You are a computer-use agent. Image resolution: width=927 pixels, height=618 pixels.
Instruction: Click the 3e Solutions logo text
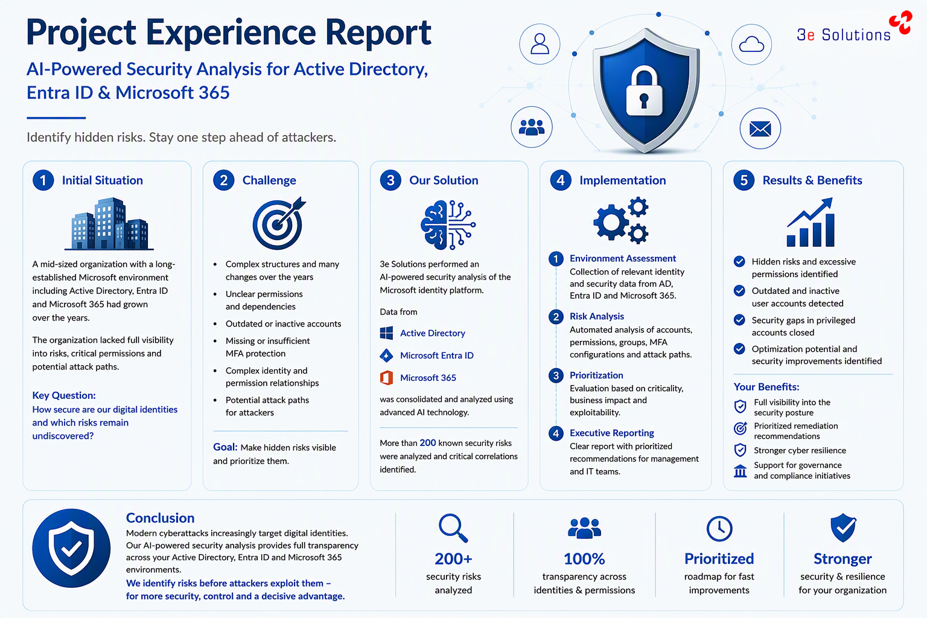[x=843, y=35]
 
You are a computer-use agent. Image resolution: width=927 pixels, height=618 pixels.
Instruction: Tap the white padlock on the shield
[x=644, y=92]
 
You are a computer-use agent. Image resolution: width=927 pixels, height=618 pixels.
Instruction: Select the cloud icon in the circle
[x=751, y=44]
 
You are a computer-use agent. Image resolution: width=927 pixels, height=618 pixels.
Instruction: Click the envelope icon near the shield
[x=760, y=129]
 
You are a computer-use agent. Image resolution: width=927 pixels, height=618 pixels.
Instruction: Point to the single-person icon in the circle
[x=540, y=44]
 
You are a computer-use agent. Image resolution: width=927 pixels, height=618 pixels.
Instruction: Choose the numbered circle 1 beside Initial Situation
[x=43, y=180]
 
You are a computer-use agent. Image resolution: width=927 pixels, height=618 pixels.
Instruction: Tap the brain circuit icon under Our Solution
[x=448, y=225]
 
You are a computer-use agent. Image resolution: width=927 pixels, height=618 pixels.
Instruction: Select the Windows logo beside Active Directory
[x=386, y=333]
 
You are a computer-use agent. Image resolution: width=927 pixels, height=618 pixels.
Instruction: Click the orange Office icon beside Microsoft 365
[x=386, y=378]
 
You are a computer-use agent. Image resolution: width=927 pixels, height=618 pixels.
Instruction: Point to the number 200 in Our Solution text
[x=427, y=443]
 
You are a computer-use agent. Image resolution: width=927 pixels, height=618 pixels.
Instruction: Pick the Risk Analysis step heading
[x=597, y=316]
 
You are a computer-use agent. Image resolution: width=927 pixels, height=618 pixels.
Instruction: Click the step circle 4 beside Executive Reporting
[x=556, y=433]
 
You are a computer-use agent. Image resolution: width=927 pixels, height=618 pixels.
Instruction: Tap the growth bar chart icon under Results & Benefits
[x=811, y=222]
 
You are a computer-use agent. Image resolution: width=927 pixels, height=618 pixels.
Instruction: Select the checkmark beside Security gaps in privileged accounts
[x=739, y=320]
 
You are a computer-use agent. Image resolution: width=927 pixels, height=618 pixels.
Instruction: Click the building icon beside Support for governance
[x=741, y=471]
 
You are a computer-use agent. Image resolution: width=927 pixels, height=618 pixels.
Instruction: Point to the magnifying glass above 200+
[x=453, y=528]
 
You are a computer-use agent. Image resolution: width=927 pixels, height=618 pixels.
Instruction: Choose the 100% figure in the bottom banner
[x=584, y=559]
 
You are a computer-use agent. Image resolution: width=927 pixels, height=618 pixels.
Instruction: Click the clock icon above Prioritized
[x=719, y=529]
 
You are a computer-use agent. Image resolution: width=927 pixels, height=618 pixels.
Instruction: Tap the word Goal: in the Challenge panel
[x=225, y=447]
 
